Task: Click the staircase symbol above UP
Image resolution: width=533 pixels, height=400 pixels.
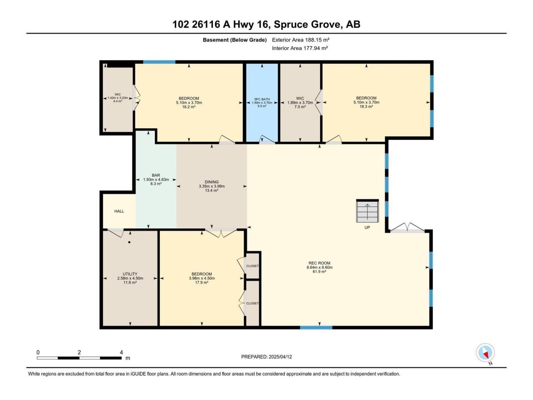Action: pyautogui.click(x=367, y=211)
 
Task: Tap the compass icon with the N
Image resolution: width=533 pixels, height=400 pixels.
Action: pyautogui.click(x=485, y=352)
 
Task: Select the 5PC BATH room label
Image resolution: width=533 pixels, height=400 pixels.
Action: pyautogui.click(x=262, y=99)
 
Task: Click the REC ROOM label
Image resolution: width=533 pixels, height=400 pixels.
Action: pyautogui.click(x=319, y=263)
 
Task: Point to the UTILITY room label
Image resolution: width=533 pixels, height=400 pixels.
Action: pyautogui.click(x=130, y=274)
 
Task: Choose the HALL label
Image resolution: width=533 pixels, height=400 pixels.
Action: pyautogui.click(x=119, y=211)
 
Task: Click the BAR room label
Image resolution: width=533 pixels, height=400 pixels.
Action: pyautogui.click(x=156, y=175)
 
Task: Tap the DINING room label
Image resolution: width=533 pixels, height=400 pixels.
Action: pyautogui.click(x=212, y=182)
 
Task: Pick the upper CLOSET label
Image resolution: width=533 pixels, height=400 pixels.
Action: pyautogui.click(x=252, y=266)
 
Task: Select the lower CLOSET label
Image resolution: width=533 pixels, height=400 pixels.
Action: pyautogui.click(x=252, y=303)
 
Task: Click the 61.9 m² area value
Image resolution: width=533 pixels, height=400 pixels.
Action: pyautogui.click(x=319, y=272)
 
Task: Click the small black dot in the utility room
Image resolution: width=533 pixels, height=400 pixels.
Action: pyautogui.click(x=130, y=242)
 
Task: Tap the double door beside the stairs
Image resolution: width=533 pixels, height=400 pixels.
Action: pyautogui.click(x=407, y=228)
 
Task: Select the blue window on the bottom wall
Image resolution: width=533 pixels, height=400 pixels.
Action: pyautogui.click(x=316, y=327)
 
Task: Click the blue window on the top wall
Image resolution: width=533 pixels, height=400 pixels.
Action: pyautogui.click(x=159, y=62)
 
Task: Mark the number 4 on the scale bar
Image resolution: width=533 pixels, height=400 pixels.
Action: pyautogui.click(x=122, y=352)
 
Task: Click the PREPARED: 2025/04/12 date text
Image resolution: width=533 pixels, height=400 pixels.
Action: pyautogui.click(x=266, y=357)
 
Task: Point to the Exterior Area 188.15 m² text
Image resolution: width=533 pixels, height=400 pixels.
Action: pyautogui.click(x=301, y=40)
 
